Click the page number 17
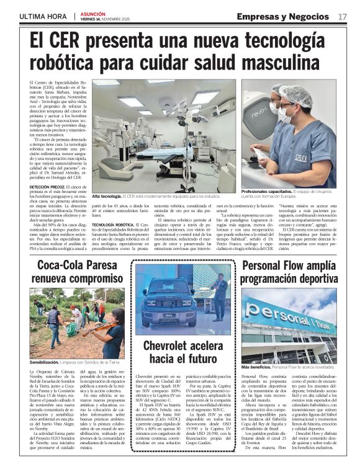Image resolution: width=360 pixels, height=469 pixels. [343, 16]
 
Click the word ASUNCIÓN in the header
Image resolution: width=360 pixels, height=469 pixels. [93, 13]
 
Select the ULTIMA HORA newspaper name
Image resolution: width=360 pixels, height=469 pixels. [43, 16]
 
